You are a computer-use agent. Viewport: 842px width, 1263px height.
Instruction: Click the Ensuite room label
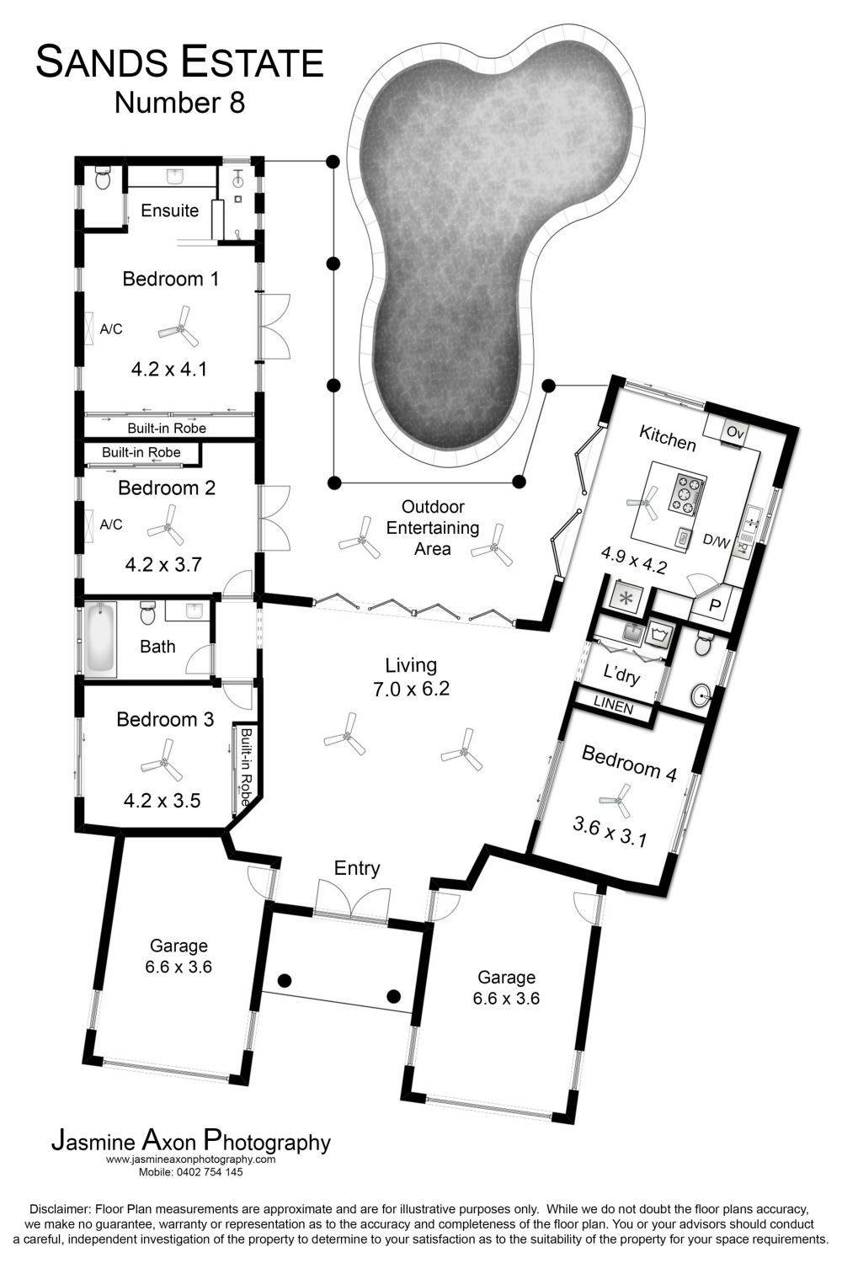(x=170, y=210)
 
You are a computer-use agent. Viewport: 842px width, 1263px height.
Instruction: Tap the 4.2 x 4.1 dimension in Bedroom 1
(x=169, y=370)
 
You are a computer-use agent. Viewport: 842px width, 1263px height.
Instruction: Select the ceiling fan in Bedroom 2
(x=166, y=525)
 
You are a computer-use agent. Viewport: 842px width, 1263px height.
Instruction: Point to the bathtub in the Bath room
(x=100, y=639)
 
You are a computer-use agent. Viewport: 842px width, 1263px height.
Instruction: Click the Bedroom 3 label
(x=165, y=719)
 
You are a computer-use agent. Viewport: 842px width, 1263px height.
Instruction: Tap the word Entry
(x=357, y=868)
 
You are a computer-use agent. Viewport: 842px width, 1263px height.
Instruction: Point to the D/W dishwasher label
(x=717, y=541)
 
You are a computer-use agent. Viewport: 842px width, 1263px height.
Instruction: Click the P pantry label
(x=715, y=606)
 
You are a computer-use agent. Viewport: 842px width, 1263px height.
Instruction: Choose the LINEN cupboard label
(x=614, y=706)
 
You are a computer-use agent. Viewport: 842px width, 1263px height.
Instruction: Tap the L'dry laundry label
(x=621, y=674)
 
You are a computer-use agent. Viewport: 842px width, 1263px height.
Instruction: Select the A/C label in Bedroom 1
(x=110, y=329)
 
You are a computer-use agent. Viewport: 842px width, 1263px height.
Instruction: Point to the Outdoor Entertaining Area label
(x=433, y=528)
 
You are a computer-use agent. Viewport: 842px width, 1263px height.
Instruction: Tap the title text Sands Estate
(x=179, y=62)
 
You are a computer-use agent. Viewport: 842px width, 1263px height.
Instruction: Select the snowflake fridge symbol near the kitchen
(x=625, y=600)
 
